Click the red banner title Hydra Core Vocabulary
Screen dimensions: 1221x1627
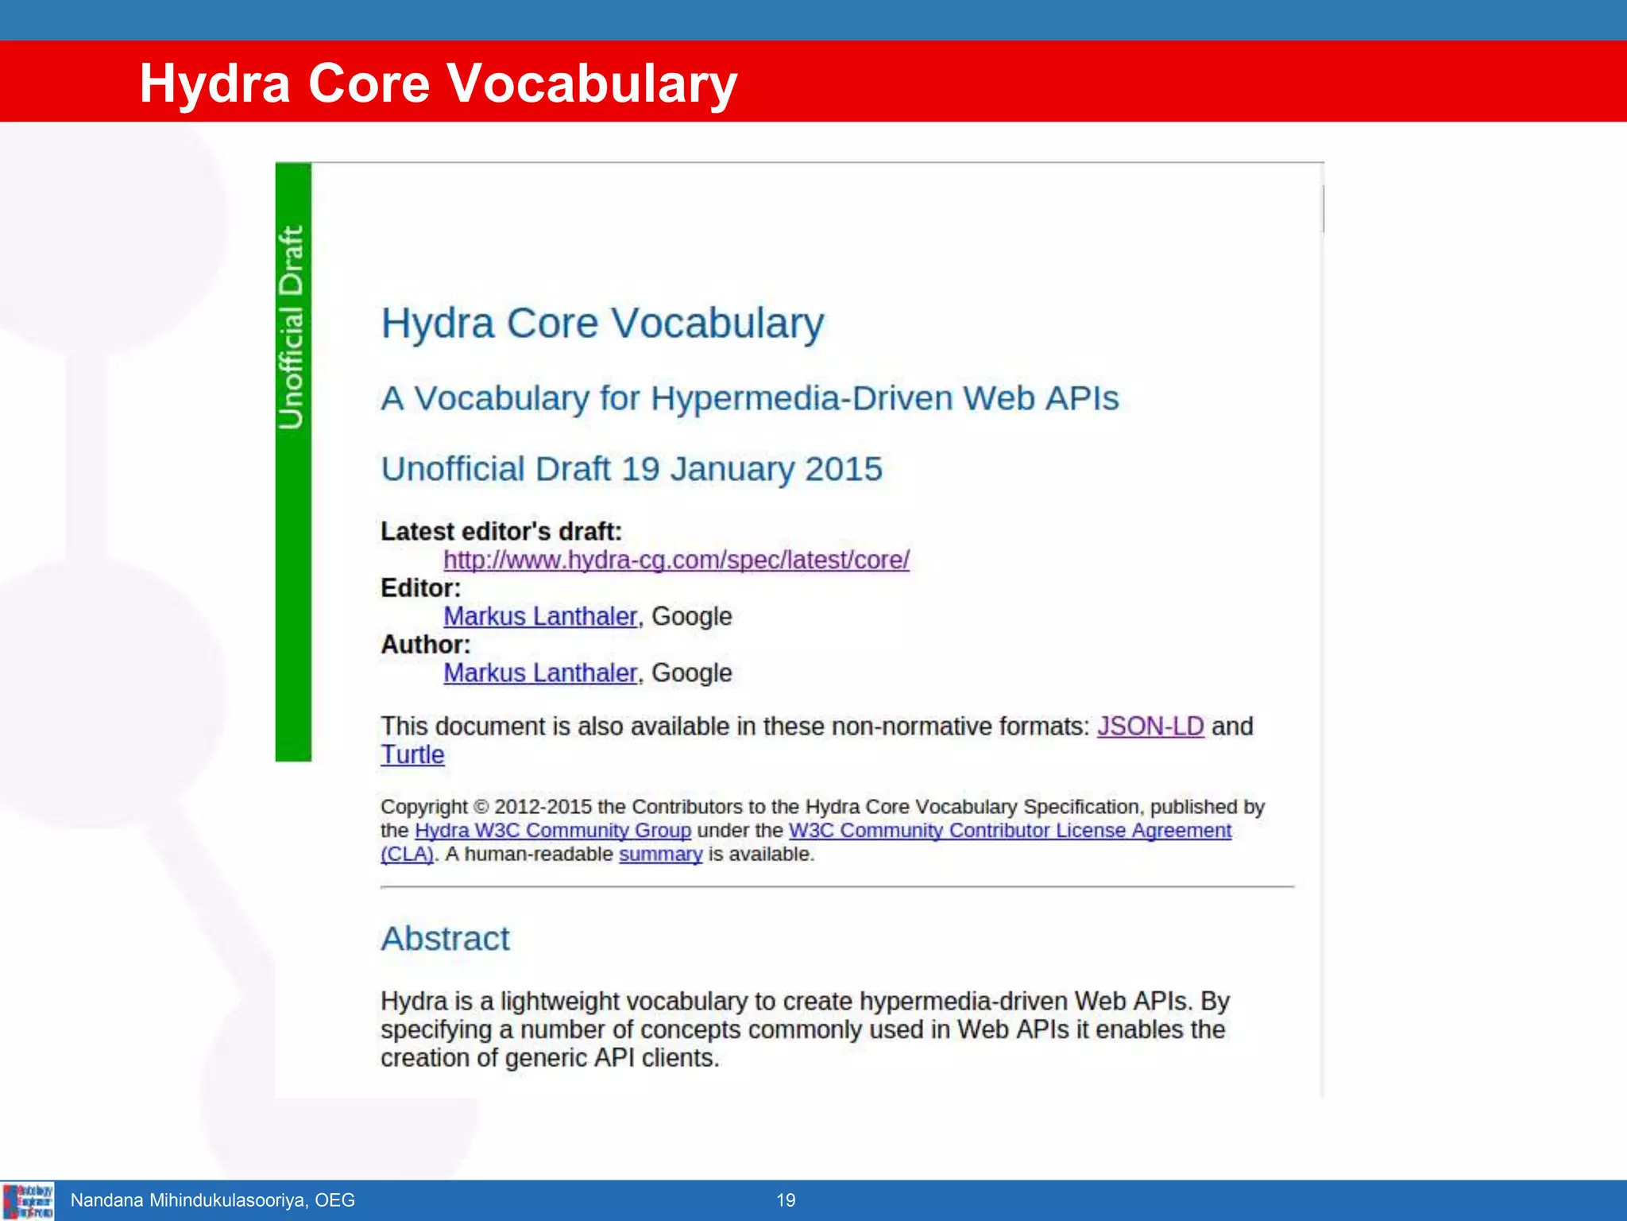click(x=438, y=83)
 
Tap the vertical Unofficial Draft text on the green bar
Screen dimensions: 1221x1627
click(x=292, y=328)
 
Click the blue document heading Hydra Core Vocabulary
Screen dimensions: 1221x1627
click(x=602, y=324)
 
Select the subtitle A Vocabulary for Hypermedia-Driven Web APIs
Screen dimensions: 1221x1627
click(x=749, y=398)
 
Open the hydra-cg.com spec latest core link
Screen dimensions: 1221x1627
click(x=676, y=560)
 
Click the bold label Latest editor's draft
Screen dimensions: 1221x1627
click(x=500, y=531)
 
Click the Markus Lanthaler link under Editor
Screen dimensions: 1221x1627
click(x=540, y=616)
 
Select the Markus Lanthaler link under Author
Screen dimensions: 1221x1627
click(x=540, y=673)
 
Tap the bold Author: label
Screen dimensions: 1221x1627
click(x=425, y=644)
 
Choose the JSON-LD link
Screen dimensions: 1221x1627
click(x=1150, y=726)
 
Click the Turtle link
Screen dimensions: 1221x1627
click(x=412, y=754)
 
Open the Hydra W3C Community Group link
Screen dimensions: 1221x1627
click(x=553, y=830)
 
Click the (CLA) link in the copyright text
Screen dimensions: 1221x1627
click(x=407, y=854)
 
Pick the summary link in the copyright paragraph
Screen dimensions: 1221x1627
click(x=660, y=854)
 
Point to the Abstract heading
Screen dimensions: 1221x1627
click(x=445, y=939)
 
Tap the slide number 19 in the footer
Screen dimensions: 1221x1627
click(x=786, y=1200)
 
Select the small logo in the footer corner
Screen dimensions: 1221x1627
click(x=28, y=1200)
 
